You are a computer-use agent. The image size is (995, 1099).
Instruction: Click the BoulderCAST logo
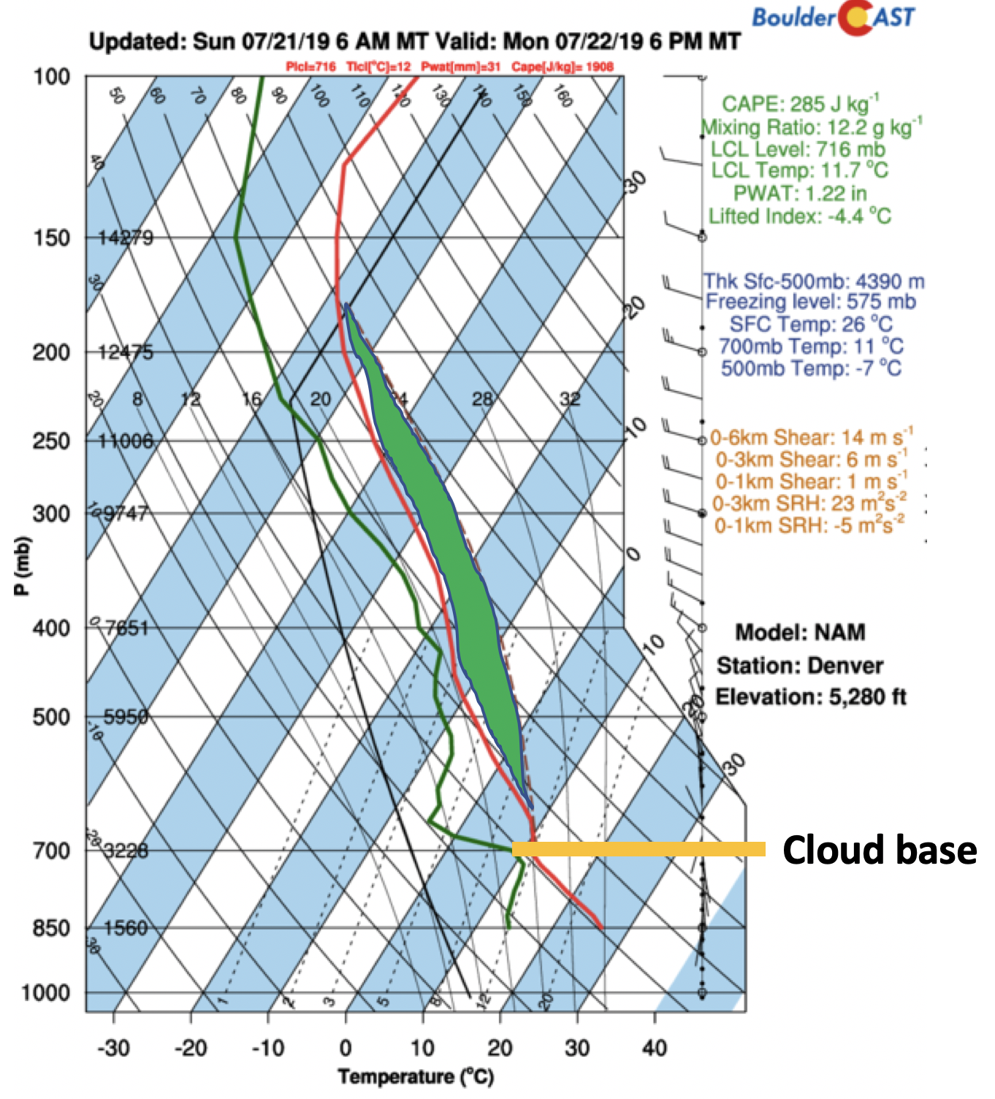pos(834,18)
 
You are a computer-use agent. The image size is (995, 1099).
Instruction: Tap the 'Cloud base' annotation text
pos(879,851)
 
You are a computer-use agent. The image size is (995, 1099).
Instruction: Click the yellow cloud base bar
pos(638,849)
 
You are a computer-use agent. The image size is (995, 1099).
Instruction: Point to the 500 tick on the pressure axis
pos(51,717)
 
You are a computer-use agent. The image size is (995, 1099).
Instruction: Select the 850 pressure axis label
pos(51,928)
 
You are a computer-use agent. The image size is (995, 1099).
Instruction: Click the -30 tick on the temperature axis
pos(113,1048)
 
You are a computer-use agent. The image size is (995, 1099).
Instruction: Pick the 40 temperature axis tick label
pos(655,1048)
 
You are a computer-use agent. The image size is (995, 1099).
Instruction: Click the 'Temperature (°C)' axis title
pos(416,1076)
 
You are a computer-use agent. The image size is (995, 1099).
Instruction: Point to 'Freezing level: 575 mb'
pos(810,302)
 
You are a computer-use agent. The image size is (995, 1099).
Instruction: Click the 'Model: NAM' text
pos(800,632)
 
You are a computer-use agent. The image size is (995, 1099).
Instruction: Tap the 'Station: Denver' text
pos(800,666)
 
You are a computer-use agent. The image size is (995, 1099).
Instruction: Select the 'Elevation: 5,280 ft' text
pos(810,697)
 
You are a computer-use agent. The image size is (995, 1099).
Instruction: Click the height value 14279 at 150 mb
pos(126,237)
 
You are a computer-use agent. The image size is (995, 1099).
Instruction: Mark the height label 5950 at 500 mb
pos(126,717)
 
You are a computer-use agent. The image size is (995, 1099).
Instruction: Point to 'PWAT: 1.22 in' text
pos(800,194)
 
